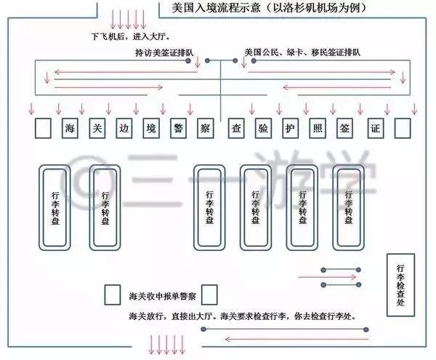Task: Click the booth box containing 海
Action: pyautogui.click(x=70, y=129)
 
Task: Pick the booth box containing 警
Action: pyautogui.click(x=178, y=129)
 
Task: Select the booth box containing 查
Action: pyautogui.click(x=235, y=129)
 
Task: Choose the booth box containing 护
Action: pyautogui.click(x=288, y=129)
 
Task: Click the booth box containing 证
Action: pyautogui.click(x=375, y=129)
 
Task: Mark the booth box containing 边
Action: pyautogui.click(x=124, y=129)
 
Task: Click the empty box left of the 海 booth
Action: pyautogui.click(x=43, y=129)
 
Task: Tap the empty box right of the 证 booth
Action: pyautogui.click(x=403, y=129)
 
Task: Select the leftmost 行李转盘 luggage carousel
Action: pyautogui.click(x=57, y=207)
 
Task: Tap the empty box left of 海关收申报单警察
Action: pyautogui.click(x=113, y=295)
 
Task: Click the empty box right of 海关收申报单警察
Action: pyautogui.click(x=209, y=295)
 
